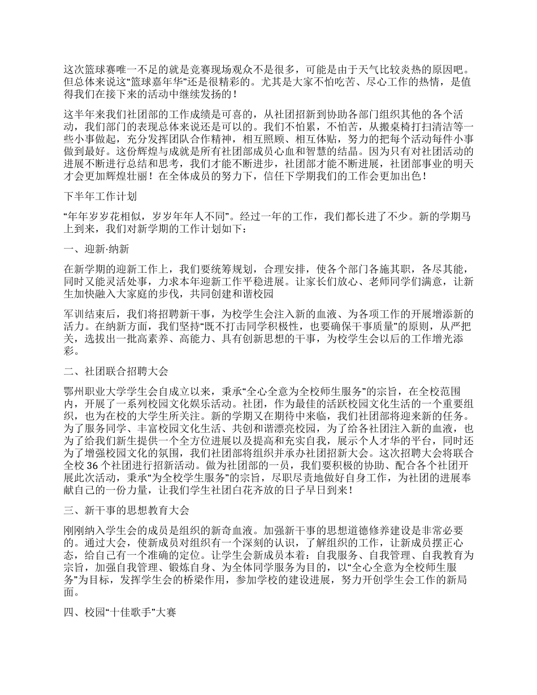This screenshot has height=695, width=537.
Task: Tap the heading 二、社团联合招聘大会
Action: (116, 371)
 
